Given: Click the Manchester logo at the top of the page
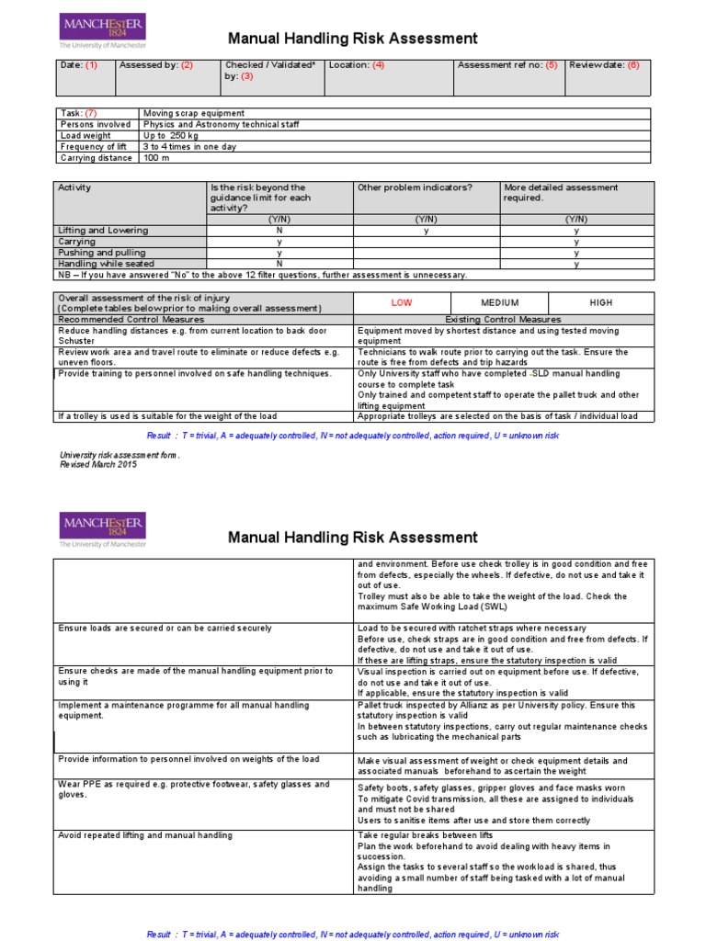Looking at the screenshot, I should point(101,30).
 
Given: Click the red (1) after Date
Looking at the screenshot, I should point(91,65).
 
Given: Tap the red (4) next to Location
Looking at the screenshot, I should point(379,65).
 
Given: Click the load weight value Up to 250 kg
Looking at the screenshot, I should point(172,135).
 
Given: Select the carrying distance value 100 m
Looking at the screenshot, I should point(155,157).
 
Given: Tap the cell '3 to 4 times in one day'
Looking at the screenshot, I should point(190,146).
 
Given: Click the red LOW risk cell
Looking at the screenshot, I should point(402,302).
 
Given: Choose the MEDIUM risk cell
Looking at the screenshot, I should point(500,302).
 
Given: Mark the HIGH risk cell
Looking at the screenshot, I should point(601,302).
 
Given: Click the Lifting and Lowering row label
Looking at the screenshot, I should point(102,231).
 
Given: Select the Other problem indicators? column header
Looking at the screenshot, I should point(414,187).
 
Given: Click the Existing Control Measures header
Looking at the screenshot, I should point(505,319).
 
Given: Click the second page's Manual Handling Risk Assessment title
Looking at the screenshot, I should point(352,537).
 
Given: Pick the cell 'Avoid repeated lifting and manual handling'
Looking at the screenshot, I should point(145,835).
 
